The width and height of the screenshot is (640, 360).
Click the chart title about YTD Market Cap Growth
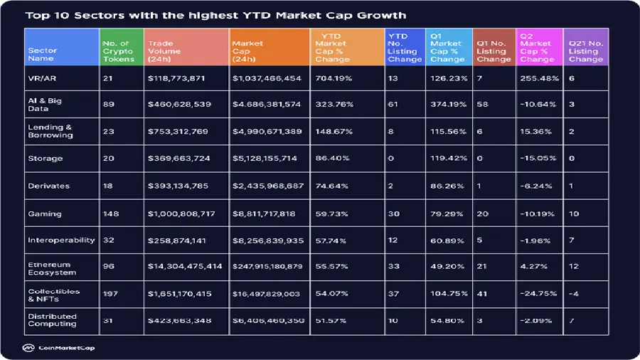click(215, 15)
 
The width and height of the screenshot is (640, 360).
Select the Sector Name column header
click(42, 55)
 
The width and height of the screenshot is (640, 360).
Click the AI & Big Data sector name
click(43, 104)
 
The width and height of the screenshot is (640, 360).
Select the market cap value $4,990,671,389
click(267, 132)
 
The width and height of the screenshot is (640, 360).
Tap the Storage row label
click(46, 158)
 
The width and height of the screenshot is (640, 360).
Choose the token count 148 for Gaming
click(109, 213)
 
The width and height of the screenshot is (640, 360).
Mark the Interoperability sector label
click(61, 240)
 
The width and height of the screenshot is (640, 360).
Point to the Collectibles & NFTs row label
click(54, 295)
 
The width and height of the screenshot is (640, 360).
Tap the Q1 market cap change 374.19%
click(448, 104)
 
